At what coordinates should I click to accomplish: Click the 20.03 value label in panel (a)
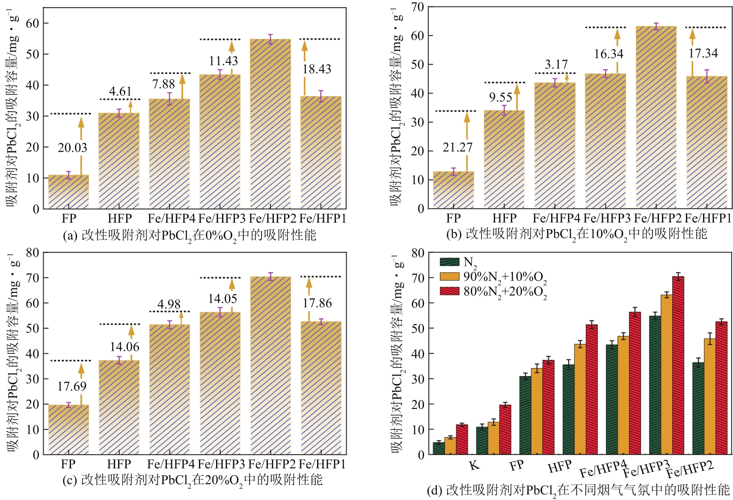point(72,148)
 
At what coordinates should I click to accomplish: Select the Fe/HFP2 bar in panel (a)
point(270,124)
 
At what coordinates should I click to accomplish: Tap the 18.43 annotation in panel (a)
point(317,69)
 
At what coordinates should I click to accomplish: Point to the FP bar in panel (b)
point(454,190)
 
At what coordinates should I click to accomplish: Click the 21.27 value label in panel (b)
point(457,147)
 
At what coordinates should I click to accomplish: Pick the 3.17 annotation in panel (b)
point(556,65)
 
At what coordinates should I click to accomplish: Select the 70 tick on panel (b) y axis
point(417,7)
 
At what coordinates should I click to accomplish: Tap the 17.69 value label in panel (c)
point(72,386)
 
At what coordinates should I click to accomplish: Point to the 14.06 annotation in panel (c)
point(125,347)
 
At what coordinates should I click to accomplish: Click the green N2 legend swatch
point(449,262)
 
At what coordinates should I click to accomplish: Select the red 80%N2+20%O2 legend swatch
point(449,291)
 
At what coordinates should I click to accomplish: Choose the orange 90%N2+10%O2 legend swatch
point(449,276)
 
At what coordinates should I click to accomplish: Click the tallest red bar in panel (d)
point(678,365)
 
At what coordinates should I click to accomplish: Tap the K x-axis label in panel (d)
point(474,465)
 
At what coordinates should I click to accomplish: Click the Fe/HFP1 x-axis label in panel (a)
point(323,219)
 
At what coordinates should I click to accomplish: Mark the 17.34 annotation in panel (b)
point(703,53)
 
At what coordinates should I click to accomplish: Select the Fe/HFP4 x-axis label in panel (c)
point(170,464)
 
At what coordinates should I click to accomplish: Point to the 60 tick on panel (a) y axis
point(33,24)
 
